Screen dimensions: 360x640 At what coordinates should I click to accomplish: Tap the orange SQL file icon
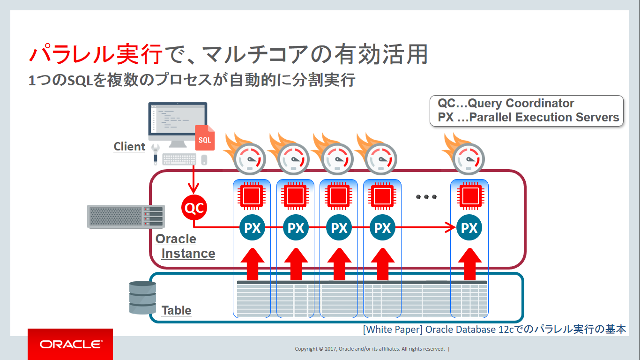coord(205,138)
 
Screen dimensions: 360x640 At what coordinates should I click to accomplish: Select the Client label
coord(129,147)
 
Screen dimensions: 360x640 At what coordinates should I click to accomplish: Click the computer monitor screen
coord(178,120)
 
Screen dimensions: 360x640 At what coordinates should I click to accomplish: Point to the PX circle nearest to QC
coord(253,228)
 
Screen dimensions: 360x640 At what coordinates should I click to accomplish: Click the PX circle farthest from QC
coord(469,228)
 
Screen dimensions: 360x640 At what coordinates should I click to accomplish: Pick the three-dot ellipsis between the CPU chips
coord(426,197)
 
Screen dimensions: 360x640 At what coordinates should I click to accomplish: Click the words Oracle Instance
coord(186,246)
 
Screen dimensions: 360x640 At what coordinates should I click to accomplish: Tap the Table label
coord(176,310)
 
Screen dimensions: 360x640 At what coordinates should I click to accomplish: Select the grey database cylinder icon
coord(142,297)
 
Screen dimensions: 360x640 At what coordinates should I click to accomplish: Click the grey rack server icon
coord(126,216)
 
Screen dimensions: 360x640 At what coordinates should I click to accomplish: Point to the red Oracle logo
coord(70,345)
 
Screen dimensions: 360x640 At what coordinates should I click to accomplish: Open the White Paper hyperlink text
coord(494,330)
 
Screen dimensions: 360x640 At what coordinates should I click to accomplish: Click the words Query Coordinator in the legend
coord(521,104)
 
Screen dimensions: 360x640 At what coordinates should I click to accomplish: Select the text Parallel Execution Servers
coord(544,118)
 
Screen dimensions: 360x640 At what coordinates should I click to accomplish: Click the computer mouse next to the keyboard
coord(204,159)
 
